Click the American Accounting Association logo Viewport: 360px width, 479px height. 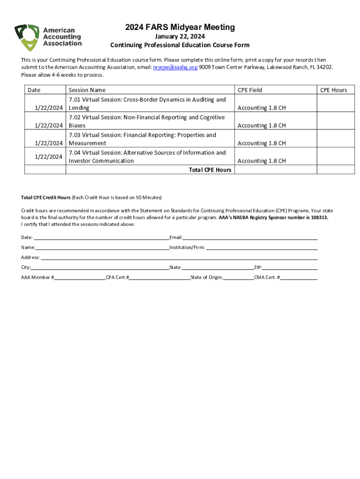coord(48,37)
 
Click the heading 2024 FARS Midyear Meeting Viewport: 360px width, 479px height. coord(180,28)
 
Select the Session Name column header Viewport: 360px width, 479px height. coord(87,90)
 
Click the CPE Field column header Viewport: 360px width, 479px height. coord(250,90)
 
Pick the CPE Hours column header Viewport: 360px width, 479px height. coord(333,90)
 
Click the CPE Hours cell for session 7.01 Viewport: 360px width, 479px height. coord(333,103)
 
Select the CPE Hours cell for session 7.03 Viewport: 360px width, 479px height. coord(333,139)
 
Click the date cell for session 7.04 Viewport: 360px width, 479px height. coord(45,157)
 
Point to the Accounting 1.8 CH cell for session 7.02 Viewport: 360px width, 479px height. coord(262,125)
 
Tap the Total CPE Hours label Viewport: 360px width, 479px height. coord(210,170)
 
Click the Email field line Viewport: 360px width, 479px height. coord(250,237)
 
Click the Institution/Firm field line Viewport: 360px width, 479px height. coord(262,247)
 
